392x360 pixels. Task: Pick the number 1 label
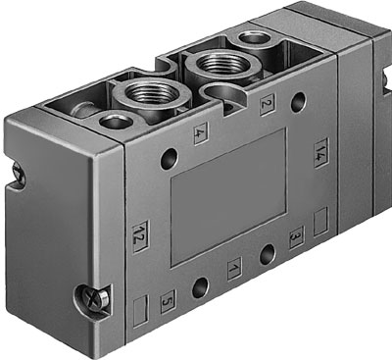pos(233,266)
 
